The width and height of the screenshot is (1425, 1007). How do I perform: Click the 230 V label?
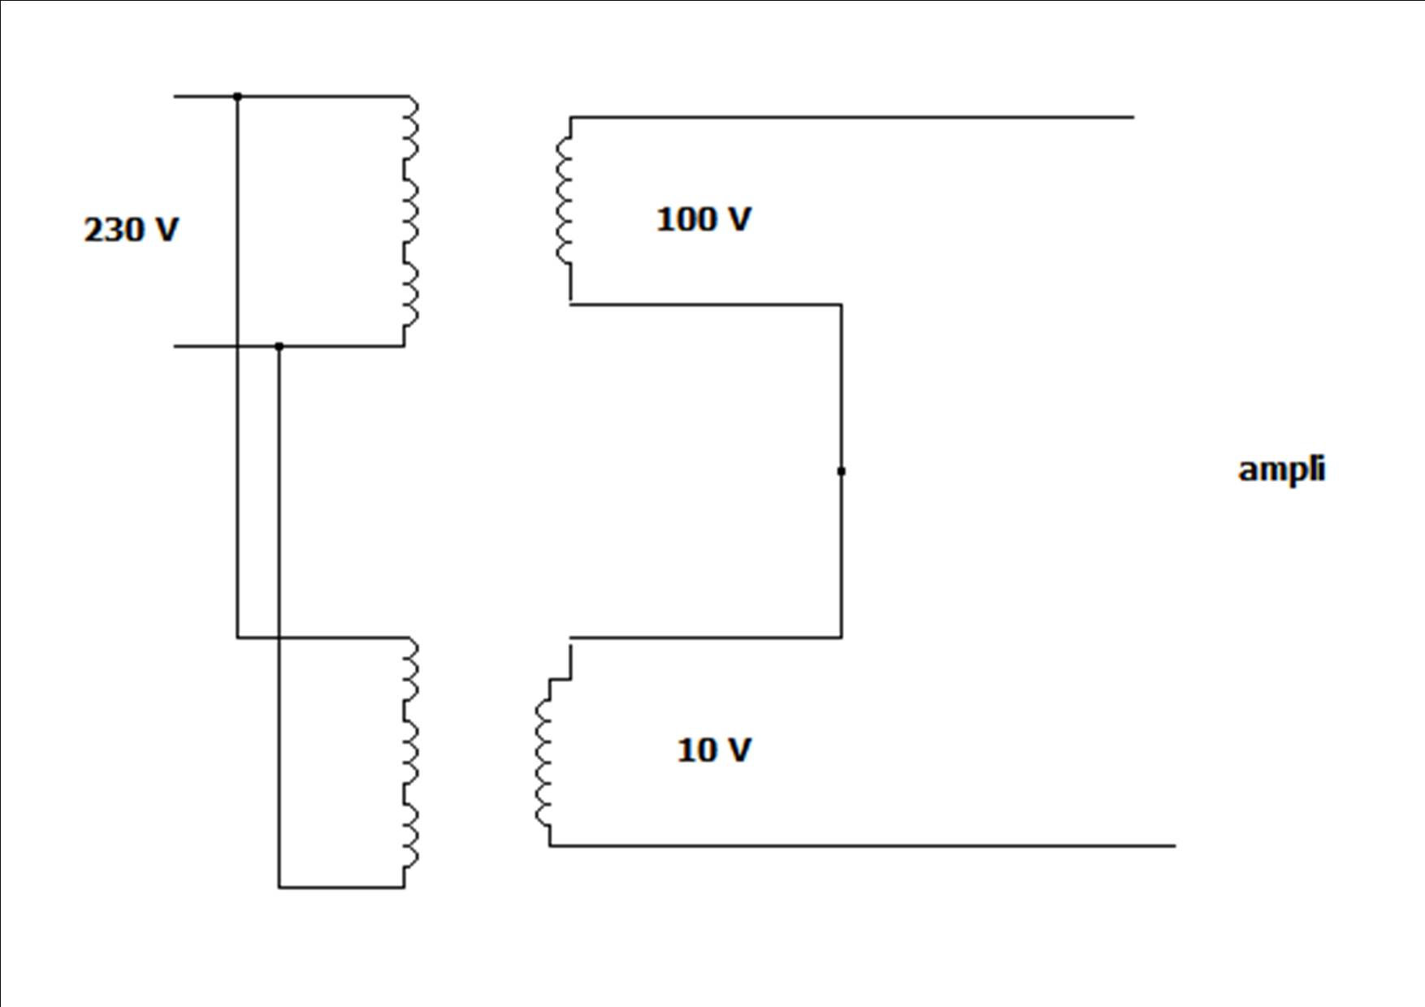pos(131,230)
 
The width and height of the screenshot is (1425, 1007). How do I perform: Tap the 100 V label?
pos(704,219)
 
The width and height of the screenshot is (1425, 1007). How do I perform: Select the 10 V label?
pos(714,750)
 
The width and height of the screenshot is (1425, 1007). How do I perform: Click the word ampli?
pos(1281,470)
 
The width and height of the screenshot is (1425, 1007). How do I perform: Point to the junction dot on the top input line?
pos(237,97)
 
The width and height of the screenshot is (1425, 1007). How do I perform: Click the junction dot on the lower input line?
pos(279,347)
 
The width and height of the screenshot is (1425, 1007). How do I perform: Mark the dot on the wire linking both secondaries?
pos(841,471)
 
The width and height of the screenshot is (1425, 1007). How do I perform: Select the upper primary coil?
pos(410,222)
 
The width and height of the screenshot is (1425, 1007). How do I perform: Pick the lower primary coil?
pos(410,763)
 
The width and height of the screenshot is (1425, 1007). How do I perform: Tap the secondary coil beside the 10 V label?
pos(543,763)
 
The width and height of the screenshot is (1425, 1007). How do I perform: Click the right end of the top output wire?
pos(1134,118)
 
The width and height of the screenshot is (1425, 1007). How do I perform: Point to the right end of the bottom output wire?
pos(1176,846)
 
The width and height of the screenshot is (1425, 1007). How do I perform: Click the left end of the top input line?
pos(174,97)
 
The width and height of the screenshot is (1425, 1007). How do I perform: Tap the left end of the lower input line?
pos(174,347)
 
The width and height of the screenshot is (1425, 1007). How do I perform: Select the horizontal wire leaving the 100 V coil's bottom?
pos(705,305)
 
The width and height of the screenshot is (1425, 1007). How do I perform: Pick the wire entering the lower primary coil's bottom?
pos(341,888)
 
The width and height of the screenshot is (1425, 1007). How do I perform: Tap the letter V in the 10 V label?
pos(738,750)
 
